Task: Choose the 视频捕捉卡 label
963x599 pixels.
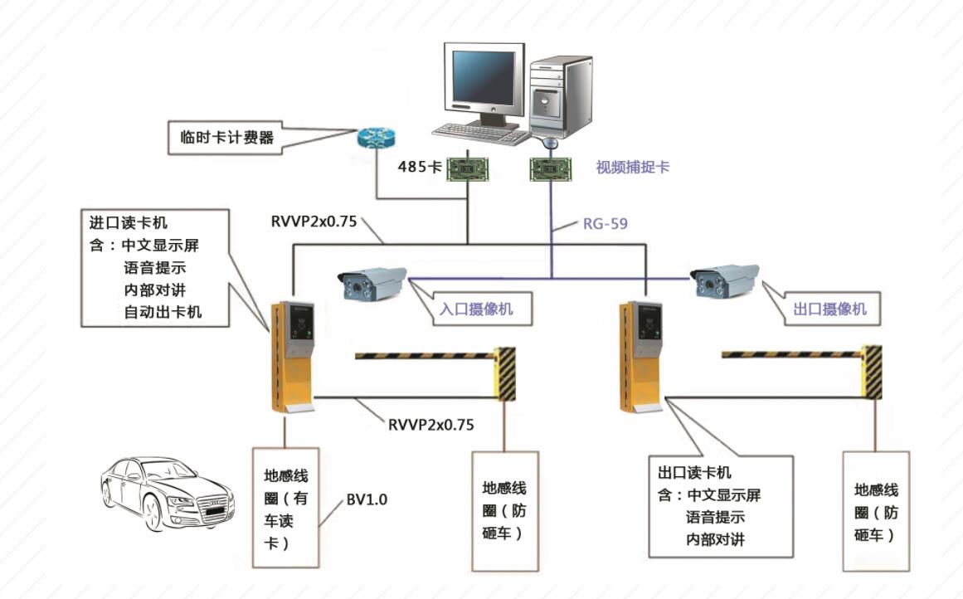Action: pyautogui.click(x=632, y=167)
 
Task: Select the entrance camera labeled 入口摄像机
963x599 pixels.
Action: pyautogui.click(x=371, y=281)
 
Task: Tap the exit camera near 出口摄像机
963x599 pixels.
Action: pyautogui.click(x=726, y=279)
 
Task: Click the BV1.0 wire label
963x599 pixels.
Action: pyautogui.click(x=366, y=499)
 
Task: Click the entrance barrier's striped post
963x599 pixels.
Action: pyautogui.click(x=504, y=373)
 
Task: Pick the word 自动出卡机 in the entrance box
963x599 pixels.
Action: pyautogui.click(x=163, y=313)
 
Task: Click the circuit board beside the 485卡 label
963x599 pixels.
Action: pyautogui.click(x=468, y=169)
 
